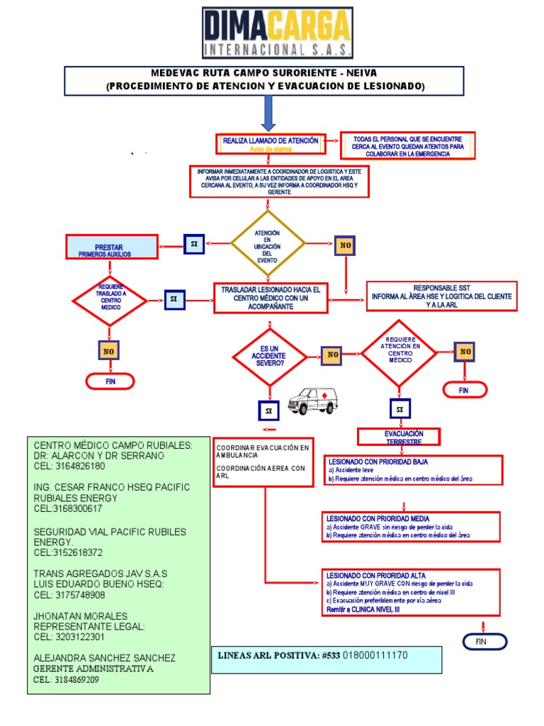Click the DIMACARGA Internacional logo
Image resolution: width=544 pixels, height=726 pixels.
(277, 33)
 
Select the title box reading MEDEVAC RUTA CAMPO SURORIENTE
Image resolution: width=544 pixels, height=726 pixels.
(264, 80)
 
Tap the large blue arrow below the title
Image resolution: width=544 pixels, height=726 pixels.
(268, 113)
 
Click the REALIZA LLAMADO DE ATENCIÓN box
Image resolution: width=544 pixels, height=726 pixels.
(271, 144)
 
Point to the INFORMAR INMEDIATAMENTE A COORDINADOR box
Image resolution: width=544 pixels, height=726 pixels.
(275, 181)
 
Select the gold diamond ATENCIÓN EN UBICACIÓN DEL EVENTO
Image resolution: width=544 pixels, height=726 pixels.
(267, 245)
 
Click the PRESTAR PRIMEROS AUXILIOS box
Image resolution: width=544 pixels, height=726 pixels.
(110, 247)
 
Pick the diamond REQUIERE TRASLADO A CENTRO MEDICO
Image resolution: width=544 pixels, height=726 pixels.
(110, 300)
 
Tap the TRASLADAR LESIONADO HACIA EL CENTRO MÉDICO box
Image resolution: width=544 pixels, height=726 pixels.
(270, 298)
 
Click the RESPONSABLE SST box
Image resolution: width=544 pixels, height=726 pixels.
(441, 296)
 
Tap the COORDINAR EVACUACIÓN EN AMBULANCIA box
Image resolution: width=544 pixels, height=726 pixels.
(263, 462)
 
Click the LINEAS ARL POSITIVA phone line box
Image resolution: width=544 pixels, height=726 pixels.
(326, 659)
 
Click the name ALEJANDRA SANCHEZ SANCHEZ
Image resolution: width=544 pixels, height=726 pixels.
(105, 658)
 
